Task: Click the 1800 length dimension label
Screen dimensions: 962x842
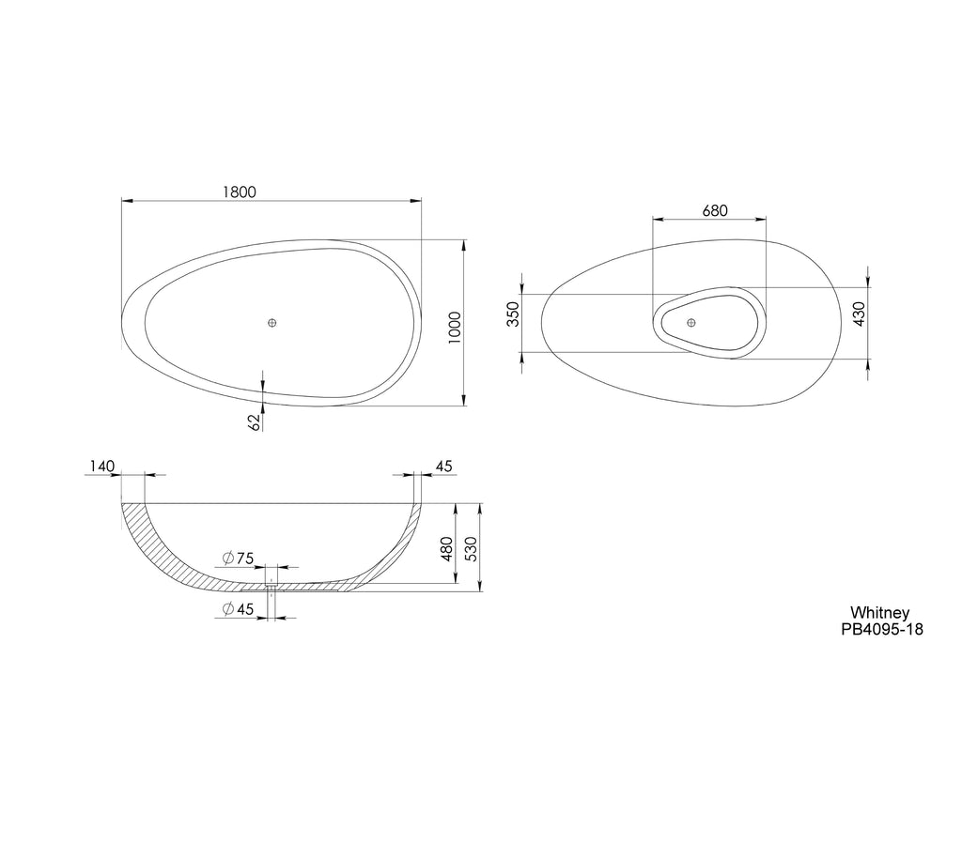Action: [239, 191]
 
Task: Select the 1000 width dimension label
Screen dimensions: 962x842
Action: [455, 328]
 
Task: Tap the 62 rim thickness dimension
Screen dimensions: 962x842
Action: [256, 421]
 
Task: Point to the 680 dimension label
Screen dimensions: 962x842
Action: [715, 211]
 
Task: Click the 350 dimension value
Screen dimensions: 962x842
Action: [513, 314]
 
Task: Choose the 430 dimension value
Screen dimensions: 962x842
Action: [859, 314]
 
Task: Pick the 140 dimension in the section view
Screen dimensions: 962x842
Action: [101, 467]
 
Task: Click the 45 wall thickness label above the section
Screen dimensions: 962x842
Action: [443, 467]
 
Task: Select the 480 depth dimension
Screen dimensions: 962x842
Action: [446, 548]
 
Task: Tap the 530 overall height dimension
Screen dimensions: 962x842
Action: [472, 548]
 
